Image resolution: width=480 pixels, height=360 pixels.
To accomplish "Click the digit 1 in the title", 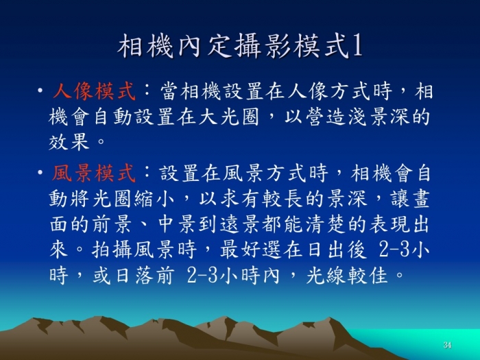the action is (x=357, y=46).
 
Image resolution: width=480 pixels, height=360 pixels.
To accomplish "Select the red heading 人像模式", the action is (x=94, y=91).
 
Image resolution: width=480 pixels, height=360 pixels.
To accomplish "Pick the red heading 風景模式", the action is (x=93, y=173).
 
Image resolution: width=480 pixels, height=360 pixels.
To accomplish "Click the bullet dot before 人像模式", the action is (x=40, y=91).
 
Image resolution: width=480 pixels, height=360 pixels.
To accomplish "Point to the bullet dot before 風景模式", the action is (x=40, y=172).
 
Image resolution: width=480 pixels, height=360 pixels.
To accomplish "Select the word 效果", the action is (x=69, y=141).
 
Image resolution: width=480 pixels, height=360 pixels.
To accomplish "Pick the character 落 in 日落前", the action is (x=144, y=276).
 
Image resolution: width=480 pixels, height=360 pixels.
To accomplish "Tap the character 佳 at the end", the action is (x=379, y=276).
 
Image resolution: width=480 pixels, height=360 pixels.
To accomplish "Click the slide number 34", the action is (x=447, y=345).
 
